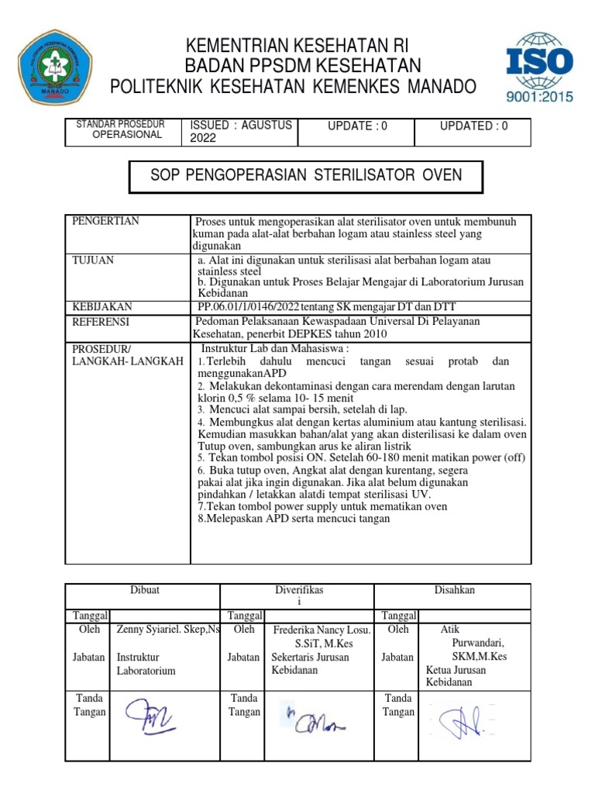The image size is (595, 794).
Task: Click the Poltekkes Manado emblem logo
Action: (x=56, y=67)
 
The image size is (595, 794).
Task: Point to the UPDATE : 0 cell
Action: (x=357, y=126)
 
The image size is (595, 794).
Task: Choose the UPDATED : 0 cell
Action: (x=473, y=126)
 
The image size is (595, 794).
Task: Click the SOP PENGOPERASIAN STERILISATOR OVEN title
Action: (x=306, y=175)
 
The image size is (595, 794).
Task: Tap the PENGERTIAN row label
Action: (x=105, y=222)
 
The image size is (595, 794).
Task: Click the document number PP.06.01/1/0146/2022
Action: (x=260, y=307)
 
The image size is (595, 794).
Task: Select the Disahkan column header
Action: (x=454, y=591)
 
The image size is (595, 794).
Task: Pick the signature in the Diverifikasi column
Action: (x=316, y=720)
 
